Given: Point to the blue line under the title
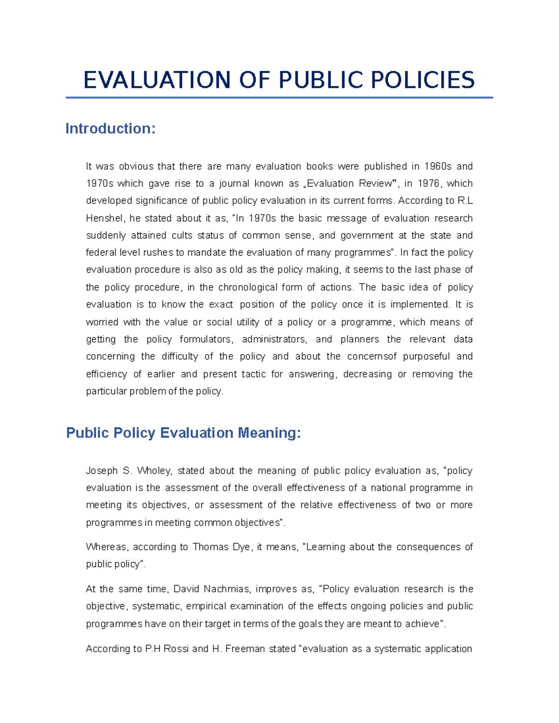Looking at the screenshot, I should click(279, 98).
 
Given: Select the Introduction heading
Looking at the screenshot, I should click(110, 128).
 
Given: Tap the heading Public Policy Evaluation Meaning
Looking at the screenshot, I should click(184, 433).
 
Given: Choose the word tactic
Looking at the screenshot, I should click(253, 374).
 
